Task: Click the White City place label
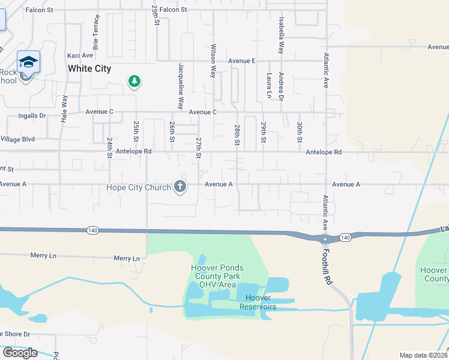[x=89, y=68]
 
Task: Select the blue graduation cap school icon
[x=28, y=61]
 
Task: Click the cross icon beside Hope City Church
[x=179, y=187]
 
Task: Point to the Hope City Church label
[x=139, y=187]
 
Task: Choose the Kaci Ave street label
[x=80, y=55]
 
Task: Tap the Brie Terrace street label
[x=96, y=32]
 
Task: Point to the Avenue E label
[x=242, y=61]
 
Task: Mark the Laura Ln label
[x=268, y=86]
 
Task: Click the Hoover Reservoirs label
[x=258, y=302]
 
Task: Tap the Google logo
[x=19, y=353]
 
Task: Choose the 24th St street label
[x=110, y=148]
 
